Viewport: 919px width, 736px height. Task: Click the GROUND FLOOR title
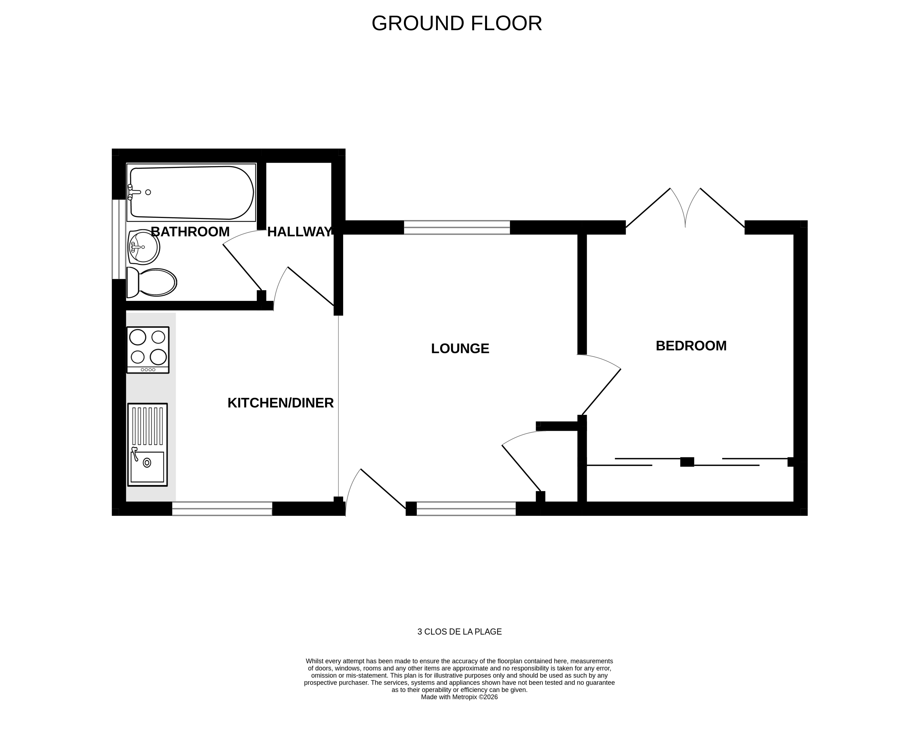pos(457,23)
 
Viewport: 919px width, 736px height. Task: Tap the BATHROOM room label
pos(190,232)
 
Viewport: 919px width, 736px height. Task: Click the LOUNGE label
pos(460,348)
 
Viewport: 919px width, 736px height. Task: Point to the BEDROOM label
pos(691,346)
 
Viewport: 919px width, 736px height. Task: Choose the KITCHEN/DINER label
pos(280,403)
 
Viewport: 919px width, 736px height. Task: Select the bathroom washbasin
pos(144,247)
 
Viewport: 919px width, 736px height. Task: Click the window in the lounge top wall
pos(457,227)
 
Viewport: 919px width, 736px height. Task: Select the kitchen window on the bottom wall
pos(222,508)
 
